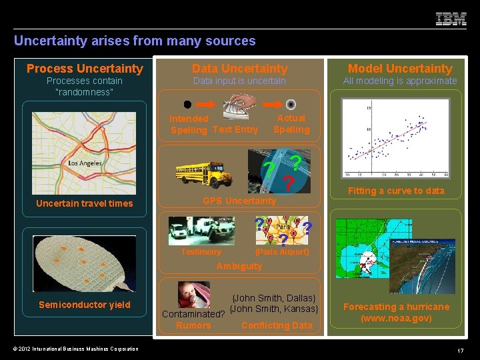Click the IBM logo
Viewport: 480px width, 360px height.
[451, 19]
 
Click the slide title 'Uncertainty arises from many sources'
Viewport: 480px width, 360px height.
[135, 41]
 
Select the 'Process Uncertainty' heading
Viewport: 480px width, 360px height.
[85, 69]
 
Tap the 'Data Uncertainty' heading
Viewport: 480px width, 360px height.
[239, 69]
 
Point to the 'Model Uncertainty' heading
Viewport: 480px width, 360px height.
[400, 69]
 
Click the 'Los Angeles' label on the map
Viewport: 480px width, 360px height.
[85, 163]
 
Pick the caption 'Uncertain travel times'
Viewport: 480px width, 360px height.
[85, 203]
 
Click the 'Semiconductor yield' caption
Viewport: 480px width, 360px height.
[85, 305]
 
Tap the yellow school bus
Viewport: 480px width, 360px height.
[203, 174]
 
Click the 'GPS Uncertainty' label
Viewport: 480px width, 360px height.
[239, 201]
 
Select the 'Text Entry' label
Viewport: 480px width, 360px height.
[235, 129]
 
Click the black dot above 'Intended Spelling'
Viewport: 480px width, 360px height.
[187, 105]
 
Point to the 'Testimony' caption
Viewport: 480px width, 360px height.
[201, 252]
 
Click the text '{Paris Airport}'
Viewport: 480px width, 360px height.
[283, 252]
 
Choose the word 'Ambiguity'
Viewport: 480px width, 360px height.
[239, 266]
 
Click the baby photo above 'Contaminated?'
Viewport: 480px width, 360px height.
[193, 294]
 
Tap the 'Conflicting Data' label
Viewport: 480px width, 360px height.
[277, 325]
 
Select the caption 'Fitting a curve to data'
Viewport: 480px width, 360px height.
[396, 191]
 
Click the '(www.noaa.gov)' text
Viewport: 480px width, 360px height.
[396, 318]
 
